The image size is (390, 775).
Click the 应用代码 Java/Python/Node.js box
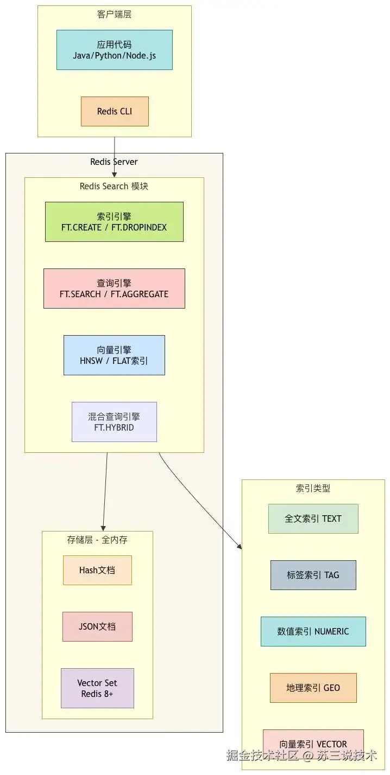coord(115,50)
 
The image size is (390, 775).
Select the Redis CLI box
coord(115,111)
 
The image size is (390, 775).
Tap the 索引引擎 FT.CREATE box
coord(114,222)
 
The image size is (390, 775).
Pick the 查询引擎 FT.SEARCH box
coord(114,289)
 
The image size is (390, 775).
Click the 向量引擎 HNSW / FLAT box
coord(114,355)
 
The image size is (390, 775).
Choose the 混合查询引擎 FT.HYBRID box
coord(114,422)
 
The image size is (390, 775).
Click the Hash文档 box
coord(97,570)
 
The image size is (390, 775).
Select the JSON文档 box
coord(97,626)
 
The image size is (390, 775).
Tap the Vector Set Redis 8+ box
coord(97,688)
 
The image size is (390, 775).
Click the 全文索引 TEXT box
coord(313,518)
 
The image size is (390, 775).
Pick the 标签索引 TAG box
coord(313,575)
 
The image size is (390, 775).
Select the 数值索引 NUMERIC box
coord(313,631)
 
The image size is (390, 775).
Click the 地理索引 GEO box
coord(313,688)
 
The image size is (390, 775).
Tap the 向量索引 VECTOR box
coord(313,744)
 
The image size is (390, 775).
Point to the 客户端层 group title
coord(115,14)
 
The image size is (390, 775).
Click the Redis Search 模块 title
coord(114,186)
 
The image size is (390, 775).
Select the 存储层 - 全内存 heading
coord(97,540)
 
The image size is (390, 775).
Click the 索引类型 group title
coord(313,488)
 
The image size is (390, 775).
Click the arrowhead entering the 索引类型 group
coord(240,546)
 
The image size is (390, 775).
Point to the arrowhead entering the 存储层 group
coord(103,528)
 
